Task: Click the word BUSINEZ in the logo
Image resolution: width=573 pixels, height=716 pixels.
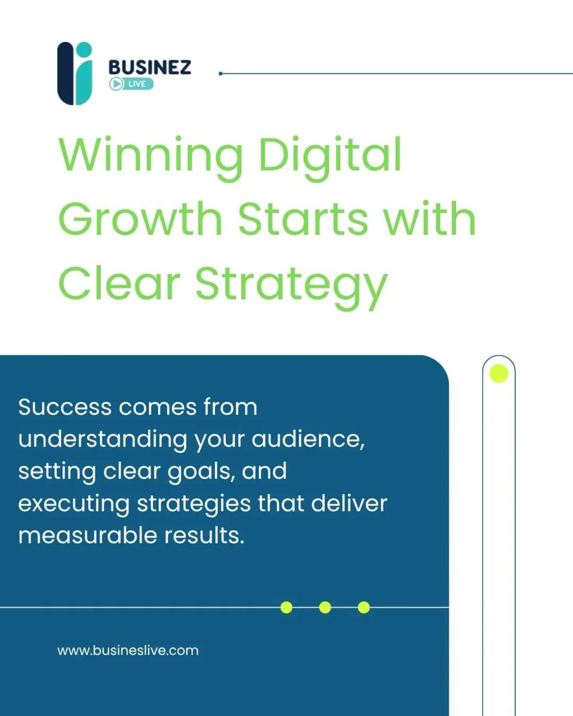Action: (150, 67)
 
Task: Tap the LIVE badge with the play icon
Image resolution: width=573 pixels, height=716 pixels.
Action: (131, 84)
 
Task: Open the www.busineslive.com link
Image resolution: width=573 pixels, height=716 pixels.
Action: (128, 650)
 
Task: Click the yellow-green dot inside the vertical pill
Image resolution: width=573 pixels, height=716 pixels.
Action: (498, 374)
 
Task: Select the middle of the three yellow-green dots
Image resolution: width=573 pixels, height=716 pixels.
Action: (325, 607)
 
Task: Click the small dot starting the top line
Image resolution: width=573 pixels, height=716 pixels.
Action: (221, 73)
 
